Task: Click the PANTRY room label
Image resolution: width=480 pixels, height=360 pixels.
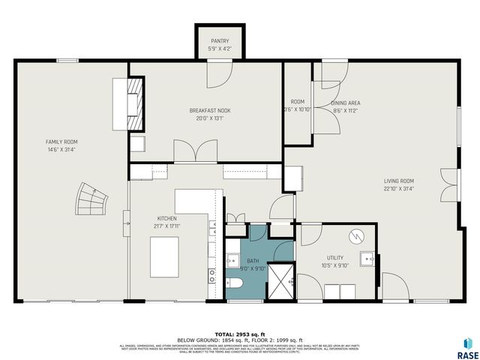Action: click(220, 41)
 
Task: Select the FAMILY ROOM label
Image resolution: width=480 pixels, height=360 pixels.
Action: click(61, 142)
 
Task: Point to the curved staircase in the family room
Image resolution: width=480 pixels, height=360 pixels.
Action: click(91, 201)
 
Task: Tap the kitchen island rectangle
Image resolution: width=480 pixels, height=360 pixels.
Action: click(166, 256)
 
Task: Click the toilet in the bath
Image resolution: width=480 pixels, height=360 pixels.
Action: click(233, 283)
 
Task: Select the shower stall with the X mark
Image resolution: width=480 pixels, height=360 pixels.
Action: click(283, 280)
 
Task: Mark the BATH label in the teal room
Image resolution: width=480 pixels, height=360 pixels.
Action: click(253, 261)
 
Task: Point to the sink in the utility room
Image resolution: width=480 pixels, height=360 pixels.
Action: click(367, 259)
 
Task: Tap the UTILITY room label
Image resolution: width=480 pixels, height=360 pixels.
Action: click(336, 257)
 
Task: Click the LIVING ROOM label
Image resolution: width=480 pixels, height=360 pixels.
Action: click(400, 181)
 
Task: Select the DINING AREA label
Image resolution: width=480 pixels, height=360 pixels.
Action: click(346, 103)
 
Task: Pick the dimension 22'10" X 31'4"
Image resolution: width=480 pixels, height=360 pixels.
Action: click(400, 188)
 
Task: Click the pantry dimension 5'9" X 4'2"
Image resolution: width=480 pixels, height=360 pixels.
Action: click(220, 49)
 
